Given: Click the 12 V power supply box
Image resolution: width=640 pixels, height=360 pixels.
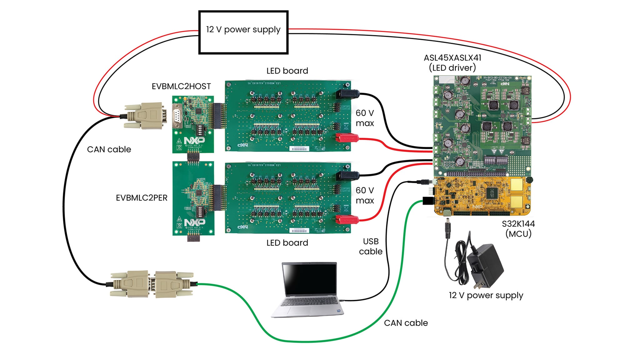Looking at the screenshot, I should [243, 32].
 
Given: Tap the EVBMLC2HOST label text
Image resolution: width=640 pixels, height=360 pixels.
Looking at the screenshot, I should [181, 86].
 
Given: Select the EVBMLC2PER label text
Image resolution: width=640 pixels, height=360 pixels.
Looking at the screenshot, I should [142, 198].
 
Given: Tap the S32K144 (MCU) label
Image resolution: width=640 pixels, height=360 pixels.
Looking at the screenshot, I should [518, 229].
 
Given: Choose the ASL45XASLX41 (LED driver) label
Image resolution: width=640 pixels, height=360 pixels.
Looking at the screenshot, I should [452, 62].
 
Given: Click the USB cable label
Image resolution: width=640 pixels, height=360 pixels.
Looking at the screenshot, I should [371, 246].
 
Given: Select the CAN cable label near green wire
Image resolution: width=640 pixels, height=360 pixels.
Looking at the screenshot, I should [406, 323].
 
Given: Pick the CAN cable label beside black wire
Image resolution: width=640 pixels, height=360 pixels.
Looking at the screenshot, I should [109, 149].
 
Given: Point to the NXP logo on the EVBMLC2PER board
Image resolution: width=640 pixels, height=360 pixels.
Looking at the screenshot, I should [194, 222].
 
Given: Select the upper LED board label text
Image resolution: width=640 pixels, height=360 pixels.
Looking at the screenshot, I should [287, 71].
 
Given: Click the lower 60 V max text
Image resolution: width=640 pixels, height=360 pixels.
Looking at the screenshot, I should [365, 195].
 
